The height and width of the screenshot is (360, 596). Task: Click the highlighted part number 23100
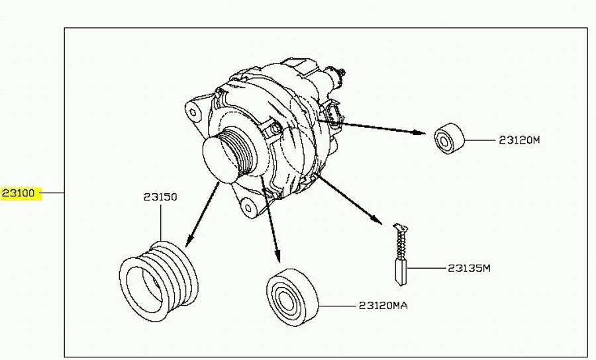point(21,194)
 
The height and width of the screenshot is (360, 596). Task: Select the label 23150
point(160,197)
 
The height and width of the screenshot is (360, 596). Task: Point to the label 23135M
point(469,268)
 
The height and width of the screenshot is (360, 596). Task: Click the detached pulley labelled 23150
point(160,281)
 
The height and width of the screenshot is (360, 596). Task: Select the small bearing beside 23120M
point(449,138)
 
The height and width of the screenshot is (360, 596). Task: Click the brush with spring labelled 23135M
point(399,255)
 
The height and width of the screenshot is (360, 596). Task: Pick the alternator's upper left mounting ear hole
point(194,111)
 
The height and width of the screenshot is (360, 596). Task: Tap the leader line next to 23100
point(53,193)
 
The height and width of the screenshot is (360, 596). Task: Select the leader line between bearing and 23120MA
point(338,306)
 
